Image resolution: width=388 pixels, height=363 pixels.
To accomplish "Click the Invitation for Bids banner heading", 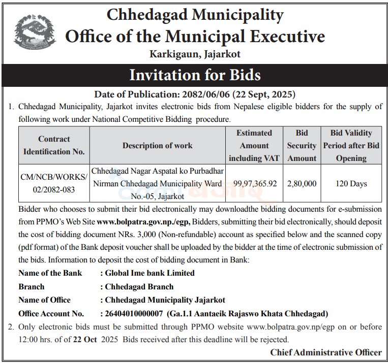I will [194, 75].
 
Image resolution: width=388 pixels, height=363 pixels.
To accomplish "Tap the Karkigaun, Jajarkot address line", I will [195, 53].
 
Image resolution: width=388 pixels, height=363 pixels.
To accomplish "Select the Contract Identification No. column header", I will [54, 145].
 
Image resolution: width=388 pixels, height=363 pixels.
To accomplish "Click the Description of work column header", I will [157, 145].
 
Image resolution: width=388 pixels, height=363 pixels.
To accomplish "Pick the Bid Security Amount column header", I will [302, 145].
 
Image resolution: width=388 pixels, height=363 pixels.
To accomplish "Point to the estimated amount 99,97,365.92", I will [255, 183].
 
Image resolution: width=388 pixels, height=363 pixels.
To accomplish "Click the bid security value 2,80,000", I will [302, 183].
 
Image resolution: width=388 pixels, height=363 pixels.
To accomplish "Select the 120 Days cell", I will [351, 183].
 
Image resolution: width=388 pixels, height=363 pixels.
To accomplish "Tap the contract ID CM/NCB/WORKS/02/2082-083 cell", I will [54, 183].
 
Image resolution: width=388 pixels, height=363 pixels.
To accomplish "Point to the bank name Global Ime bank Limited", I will [150, 273].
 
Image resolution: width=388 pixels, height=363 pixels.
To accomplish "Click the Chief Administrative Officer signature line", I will [325, 352].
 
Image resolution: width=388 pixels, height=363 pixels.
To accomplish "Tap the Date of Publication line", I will [195, 94].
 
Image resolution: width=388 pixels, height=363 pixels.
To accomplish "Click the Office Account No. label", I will [51, 313].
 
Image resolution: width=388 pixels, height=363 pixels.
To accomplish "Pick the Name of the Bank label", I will [50, 273].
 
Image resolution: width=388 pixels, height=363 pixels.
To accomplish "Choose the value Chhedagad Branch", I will [139, 286].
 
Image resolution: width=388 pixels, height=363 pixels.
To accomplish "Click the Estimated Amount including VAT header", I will [254, 145].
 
